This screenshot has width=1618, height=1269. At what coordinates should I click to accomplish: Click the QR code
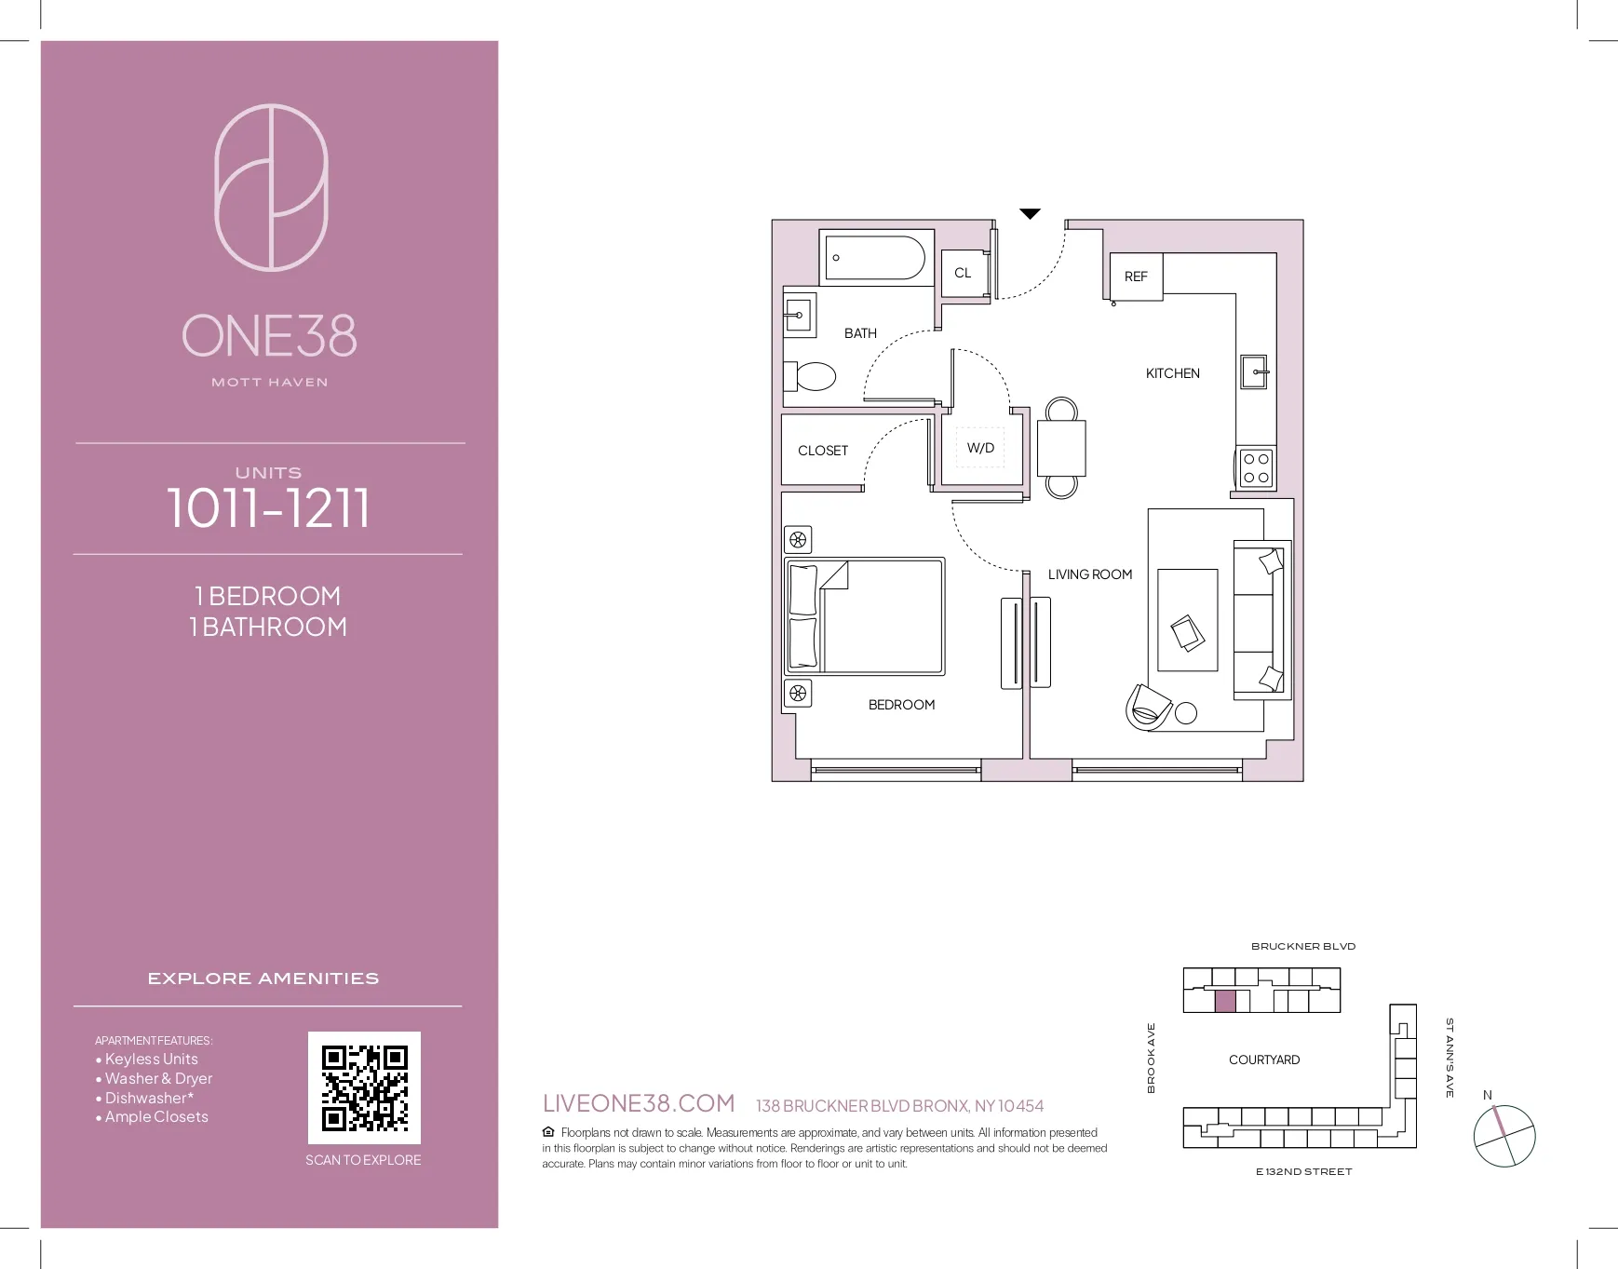point(364,1087)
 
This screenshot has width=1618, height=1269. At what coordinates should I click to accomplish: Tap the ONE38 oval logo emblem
point(271,187)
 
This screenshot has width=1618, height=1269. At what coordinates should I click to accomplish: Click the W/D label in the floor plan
point(980,448)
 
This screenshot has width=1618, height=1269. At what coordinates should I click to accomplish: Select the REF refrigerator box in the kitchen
point(1136,277)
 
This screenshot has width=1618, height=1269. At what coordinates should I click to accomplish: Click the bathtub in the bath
point(875,256)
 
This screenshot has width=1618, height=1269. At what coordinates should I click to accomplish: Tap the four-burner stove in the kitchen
point(1256,468)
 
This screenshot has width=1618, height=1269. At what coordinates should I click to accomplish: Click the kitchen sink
point(1255,371)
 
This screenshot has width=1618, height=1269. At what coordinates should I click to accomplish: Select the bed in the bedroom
point(866,616)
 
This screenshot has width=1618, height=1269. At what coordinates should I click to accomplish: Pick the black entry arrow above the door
point(1030,214)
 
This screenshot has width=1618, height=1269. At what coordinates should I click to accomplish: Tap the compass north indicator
point(1488,1095)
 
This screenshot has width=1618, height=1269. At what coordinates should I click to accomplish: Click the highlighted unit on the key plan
point(1225,1002)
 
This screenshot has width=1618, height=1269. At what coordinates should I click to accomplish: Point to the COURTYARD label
point(1263,1060)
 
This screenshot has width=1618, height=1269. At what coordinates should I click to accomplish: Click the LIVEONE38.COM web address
point(639,1103)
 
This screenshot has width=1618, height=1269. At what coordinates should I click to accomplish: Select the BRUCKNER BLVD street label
point(1302,946)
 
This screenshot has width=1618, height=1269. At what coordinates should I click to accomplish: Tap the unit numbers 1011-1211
point(268,508)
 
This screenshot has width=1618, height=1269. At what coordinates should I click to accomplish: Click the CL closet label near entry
point(963,273)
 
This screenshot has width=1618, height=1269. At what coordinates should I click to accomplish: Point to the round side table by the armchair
point(1186,713)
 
